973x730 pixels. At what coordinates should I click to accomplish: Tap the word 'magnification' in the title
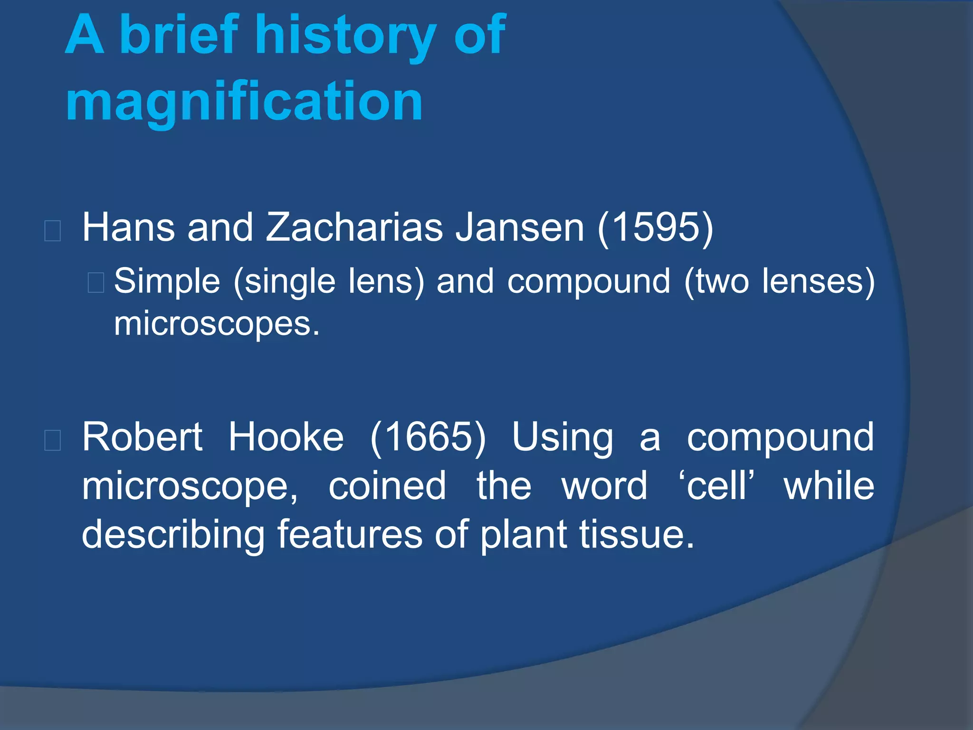pos(244,101)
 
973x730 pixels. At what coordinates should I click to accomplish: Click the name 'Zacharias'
pos(354,227)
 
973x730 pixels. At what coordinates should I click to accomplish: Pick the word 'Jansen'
pos(520,227)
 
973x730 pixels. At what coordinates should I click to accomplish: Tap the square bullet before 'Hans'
pos(52,231)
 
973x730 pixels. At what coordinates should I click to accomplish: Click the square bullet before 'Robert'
pos(52,440)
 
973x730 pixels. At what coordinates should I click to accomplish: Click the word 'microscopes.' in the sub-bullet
pos(217,324)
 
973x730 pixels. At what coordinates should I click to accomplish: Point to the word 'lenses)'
pos(818,281)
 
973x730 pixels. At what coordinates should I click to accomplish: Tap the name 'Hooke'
pos(286,437)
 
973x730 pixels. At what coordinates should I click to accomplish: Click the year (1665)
pos(428,437)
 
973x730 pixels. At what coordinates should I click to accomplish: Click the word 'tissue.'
pos(637,535)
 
